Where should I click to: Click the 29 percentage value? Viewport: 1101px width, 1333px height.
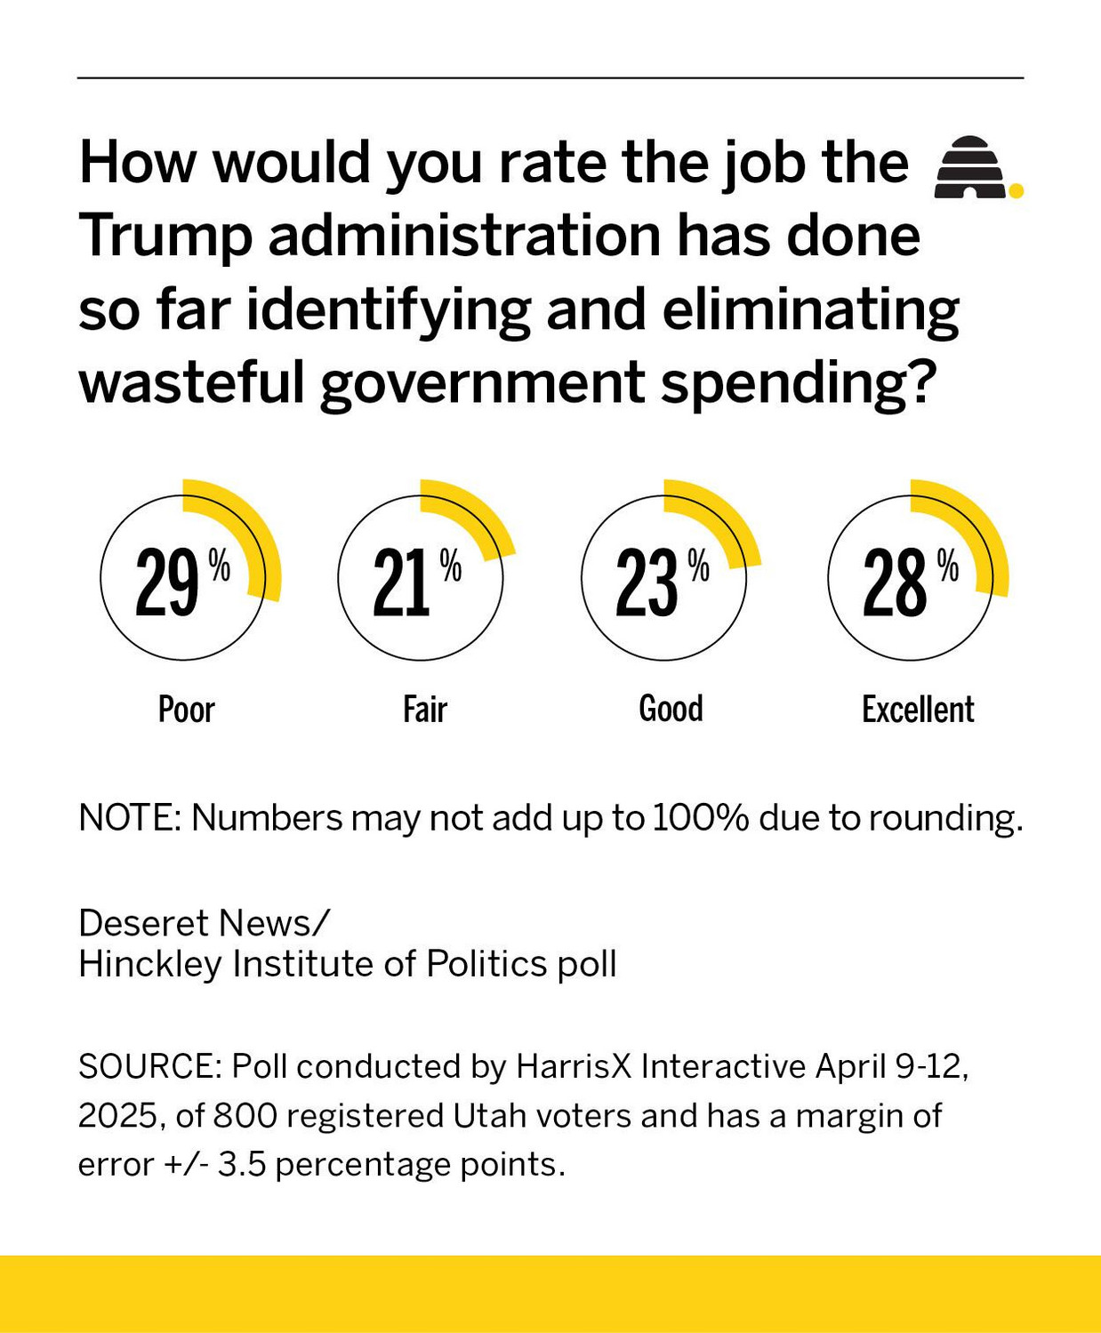pos(168,582)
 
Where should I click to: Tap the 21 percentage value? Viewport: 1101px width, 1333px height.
pos(403,582)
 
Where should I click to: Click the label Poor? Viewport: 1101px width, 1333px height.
pos(186,710)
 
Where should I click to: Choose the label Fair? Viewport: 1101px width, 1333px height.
pos(424,710)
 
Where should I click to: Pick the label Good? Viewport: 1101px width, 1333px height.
pos(671,709)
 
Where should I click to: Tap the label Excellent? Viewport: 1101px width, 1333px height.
pos(918,710)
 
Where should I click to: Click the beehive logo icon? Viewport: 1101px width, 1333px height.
pos(971,167)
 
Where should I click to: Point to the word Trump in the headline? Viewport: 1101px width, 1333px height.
pos(166,236)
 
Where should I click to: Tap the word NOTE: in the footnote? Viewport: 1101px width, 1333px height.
pos(130,817)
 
